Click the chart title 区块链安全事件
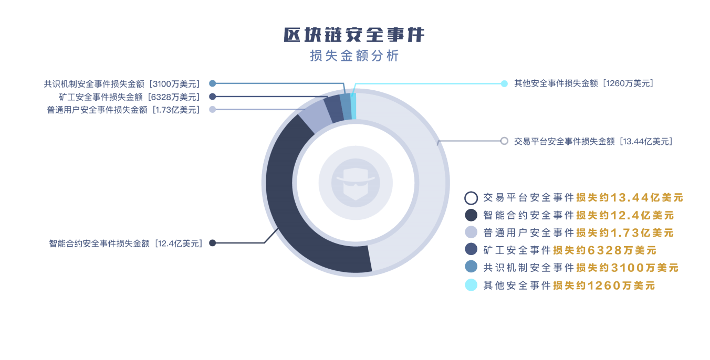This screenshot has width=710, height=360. tap(354, 35)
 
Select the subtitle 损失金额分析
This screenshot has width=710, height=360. tap(354, 56)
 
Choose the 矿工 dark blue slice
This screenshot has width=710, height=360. tap(333, 107)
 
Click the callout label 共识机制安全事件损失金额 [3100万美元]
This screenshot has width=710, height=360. tap(122, 84)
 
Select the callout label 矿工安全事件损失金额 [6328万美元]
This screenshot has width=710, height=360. tap(130, 97)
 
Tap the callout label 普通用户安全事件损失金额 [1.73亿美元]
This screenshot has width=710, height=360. tap(123, 110)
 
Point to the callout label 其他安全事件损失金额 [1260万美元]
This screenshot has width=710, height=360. tap(583, 83)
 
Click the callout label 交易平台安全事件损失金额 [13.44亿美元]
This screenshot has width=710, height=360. tap(593, 141)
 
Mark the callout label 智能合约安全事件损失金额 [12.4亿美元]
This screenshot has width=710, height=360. tap(126, 243)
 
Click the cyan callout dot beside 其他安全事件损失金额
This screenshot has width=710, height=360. tap(504, 83)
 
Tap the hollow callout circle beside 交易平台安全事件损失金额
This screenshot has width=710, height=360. tap(504, 141)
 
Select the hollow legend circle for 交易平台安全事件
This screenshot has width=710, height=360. tap(471, 198)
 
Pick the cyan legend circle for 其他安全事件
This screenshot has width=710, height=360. tap(471, 285)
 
